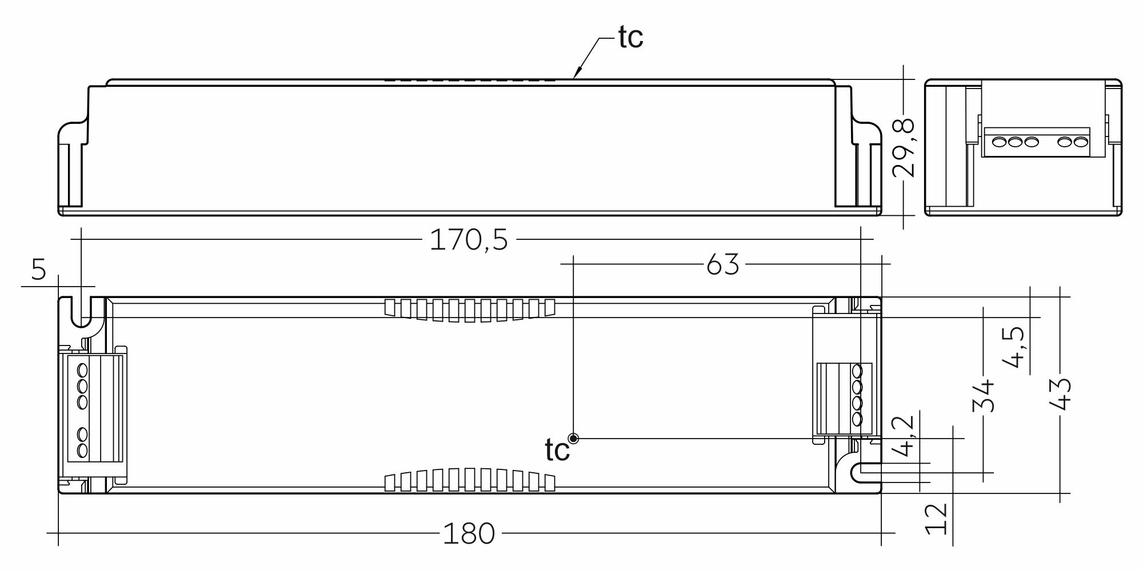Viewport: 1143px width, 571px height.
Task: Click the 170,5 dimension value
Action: (469, 240)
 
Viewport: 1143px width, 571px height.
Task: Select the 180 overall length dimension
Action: (469, 534)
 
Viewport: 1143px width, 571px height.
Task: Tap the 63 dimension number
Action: (723, 264)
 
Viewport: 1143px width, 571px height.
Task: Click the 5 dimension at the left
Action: (38, 270)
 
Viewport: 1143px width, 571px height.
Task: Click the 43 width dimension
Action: (1061, 394)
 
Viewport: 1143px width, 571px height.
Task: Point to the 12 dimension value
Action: (937, 518)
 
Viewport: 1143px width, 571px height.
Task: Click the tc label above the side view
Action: (630, 38)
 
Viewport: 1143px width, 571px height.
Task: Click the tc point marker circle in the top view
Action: (574, 439)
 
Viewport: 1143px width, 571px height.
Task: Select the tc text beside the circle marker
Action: (557, 451)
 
